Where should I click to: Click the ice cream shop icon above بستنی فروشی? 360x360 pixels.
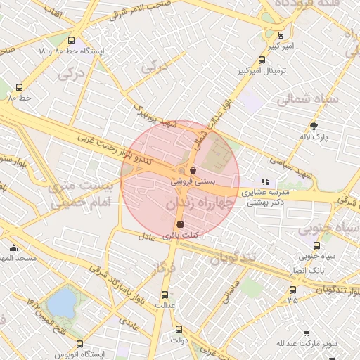(x=193, y=169)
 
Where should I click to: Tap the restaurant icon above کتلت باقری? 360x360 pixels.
(x=181, y=224)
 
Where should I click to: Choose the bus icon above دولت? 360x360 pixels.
(x=178, y=328)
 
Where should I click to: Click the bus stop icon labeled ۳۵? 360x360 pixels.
(x=292, y=290)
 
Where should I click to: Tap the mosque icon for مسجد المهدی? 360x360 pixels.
(x=13, y=247)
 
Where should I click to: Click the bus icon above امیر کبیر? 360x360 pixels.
(x=281, y=35)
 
